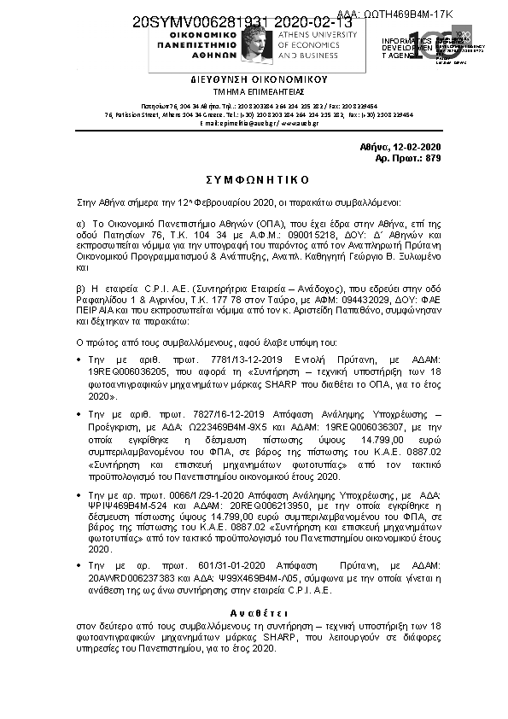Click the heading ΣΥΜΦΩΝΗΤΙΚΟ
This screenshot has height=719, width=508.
click(x=254, y=181)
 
